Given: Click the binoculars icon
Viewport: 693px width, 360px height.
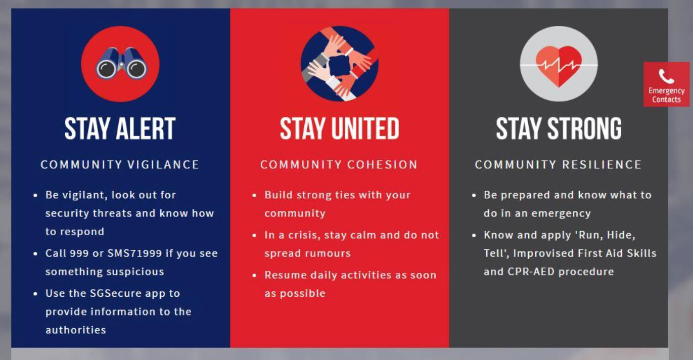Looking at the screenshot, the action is [121, 63].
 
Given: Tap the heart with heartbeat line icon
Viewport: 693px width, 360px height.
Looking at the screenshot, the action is [559, 66].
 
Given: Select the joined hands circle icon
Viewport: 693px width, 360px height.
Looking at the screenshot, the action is [339, 64].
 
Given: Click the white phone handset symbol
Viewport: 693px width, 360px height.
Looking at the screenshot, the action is [666, 76].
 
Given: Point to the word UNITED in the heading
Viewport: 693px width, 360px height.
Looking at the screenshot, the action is [365, 128].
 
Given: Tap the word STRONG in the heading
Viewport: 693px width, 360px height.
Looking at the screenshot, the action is [584, 128].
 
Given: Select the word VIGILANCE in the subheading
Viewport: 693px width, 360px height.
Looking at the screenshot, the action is [163, 165].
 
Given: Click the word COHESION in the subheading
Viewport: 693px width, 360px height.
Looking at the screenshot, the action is [382, 165].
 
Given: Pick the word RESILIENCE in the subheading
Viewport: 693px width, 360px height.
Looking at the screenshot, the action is [602, 165].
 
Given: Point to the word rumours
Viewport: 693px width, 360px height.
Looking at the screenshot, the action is [331, 253].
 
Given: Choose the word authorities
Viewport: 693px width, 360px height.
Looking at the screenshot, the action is [76, 330].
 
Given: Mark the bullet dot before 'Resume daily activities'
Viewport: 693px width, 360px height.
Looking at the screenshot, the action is [254, 275].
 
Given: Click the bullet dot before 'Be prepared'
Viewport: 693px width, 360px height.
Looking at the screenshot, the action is [474, 195].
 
